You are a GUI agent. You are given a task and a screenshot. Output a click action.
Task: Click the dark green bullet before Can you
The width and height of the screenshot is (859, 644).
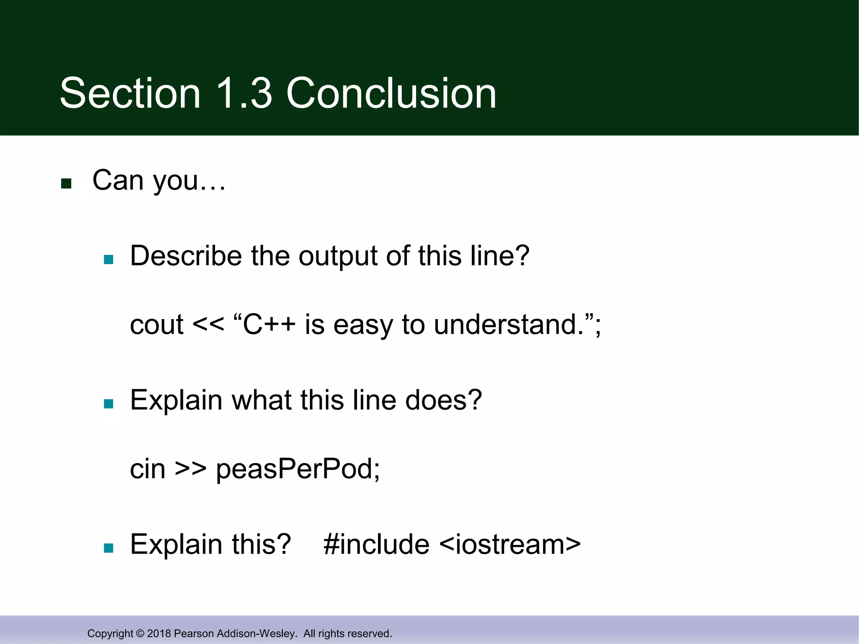click(66, 184)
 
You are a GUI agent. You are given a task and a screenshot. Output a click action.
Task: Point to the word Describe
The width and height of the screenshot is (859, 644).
click(185, 256)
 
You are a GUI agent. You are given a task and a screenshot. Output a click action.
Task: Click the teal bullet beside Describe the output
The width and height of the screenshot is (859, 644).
click(109, 260)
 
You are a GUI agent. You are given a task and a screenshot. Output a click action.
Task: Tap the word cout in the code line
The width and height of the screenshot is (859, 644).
click(156, 325)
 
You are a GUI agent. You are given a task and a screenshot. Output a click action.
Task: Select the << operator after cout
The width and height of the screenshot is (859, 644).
click(208, 325)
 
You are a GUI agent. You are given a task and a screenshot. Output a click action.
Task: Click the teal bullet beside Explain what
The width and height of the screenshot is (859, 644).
click(109, 404)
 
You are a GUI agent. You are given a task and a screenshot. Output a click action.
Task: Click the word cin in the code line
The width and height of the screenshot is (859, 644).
click(148, 469)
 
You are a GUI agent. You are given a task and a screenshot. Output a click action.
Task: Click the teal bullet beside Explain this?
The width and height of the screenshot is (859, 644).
click(109, 548)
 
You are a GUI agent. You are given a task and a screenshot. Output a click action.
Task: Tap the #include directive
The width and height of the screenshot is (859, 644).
click(376, 545)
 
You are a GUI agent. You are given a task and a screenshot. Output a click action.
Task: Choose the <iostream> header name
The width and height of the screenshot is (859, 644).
click(510, 545)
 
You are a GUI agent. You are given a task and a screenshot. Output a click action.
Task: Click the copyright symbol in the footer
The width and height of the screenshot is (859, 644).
click(140, 634)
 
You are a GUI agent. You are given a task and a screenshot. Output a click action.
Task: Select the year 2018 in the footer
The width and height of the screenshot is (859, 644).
click(159, 634)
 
